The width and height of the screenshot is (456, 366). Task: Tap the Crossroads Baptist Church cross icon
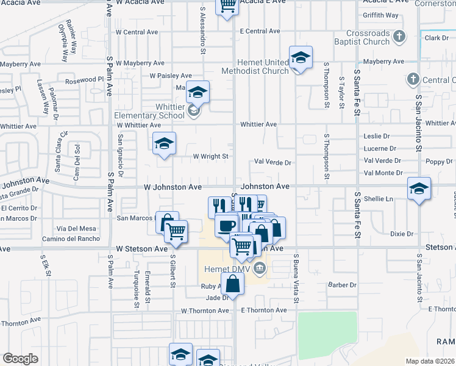[399, 37]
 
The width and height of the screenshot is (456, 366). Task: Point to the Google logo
[20, 358]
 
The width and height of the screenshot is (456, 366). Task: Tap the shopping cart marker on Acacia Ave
[227, 5]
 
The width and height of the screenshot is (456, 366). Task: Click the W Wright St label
[210, 156]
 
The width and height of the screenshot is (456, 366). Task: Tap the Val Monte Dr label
[383, 173]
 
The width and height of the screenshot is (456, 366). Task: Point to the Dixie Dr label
[402, 234]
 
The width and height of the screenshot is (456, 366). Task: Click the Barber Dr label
[341, 285]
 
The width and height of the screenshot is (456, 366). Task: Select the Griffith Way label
[380, 15]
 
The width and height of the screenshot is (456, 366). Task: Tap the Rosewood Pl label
[85, 79]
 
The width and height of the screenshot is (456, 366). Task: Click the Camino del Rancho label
[70, 239]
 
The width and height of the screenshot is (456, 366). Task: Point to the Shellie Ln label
[377, 199]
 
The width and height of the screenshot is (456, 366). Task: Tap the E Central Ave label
[260, 31]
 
